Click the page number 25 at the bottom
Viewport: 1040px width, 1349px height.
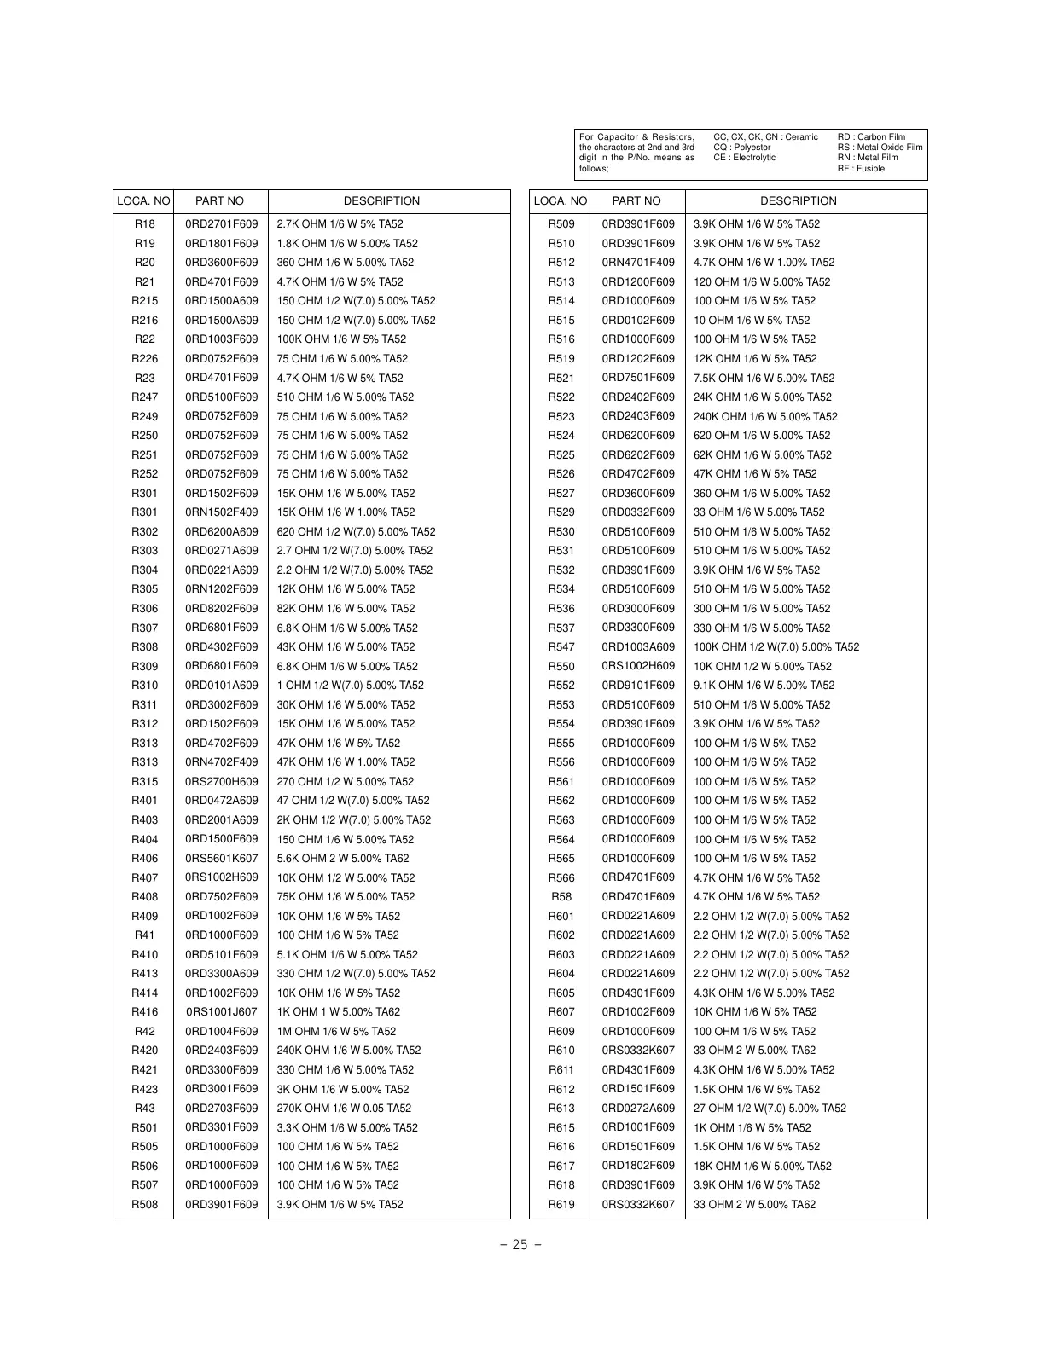520,1244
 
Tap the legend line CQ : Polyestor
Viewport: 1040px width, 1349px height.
741,148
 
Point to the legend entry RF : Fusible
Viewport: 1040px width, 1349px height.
861,169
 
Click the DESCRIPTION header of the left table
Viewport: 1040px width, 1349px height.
381,201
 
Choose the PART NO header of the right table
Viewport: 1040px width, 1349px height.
636,201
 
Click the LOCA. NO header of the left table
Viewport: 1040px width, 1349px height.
143,201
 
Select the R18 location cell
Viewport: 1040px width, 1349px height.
145,224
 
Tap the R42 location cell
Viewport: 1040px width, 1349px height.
145,1031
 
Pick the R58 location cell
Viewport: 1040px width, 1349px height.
561,897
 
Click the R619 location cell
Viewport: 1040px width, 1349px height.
561,1205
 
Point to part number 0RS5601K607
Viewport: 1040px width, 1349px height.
221,859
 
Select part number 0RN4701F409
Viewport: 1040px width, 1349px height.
637,263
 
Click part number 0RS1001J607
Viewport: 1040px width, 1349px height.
221,1012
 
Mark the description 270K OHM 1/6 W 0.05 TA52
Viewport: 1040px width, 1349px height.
344,1109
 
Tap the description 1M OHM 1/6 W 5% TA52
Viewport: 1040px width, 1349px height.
336,1031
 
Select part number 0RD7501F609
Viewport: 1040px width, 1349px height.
637,378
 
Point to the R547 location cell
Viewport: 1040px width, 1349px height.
561,647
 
